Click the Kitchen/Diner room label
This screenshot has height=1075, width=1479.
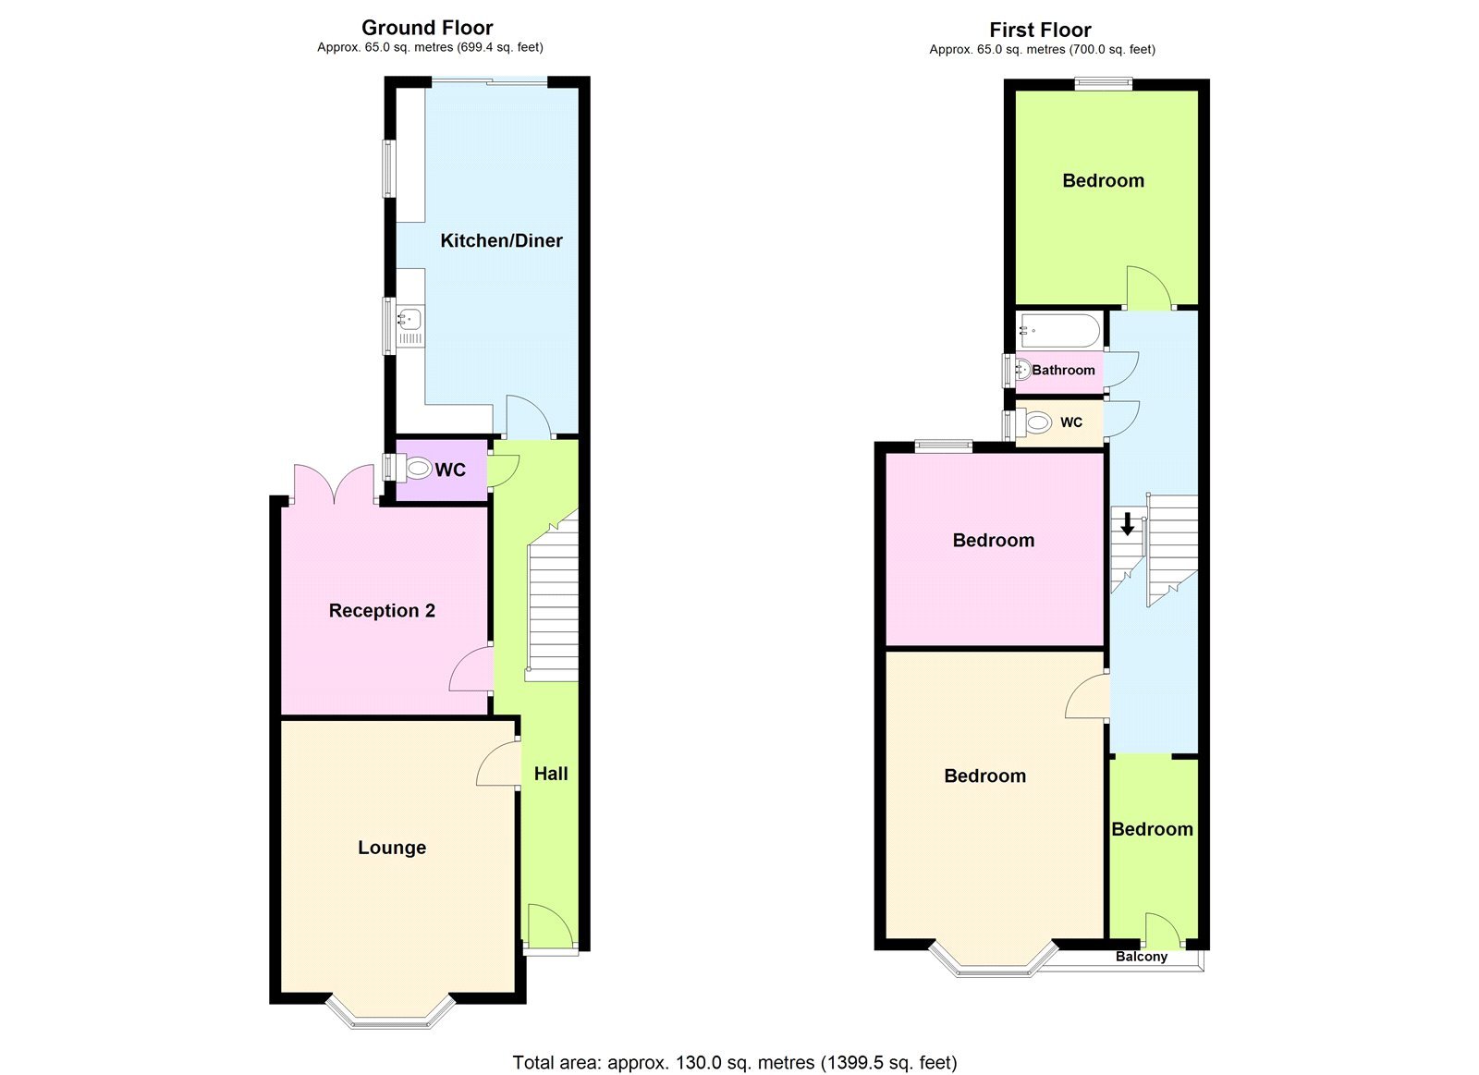tap(501, 241)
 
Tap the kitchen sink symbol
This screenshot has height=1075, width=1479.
tap(409, 320)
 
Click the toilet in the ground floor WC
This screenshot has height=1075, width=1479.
tap(418, 469)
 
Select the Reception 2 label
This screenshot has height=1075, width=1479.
tap(382, 611)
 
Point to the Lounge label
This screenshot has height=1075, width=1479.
tap(392, 848)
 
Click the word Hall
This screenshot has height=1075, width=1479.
tap(551, 774)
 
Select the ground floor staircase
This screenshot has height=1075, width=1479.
tap(553, 601)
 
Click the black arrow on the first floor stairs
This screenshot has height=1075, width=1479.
tap(1128, 525)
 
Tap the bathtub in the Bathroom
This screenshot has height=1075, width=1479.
tap(1059, 330)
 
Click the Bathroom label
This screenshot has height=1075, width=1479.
tap(1063, 370)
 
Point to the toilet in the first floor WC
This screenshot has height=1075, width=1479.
tap(1037, 423)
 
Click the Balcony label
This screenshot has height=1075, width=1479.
tap(1142, 957)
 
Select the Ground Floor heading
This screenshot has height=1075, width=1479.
tap(427, 28)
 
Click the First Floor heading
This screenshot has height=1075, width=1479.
tap(1040, 30)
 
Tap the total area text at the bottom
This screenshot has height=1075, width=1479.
tap(735, 1063)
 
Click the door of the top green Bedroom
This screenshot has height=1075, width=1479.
tap(1148, 288)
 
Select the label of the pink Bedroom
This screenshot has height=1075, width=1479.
tap(994, 541)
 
